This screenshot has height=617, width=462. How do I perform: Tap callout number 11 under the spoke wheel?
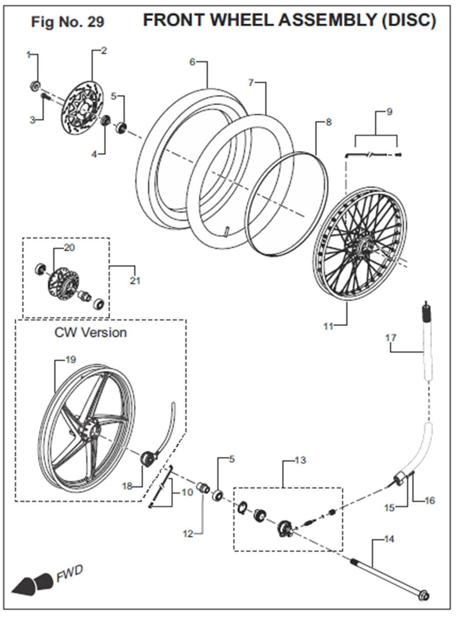point(328,326)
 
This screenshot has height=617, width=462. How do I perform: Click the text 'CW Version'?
point(90,332)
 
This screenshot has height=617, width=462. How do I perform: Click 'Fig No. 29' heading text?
point(68,22)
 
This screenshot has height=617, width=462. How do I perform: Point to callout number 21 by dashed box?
point(135,280)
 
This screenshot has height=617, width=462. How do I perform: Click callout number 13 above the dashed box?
point(300,460)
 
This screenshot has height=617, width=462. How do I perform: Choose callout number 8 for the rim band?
point(328,122)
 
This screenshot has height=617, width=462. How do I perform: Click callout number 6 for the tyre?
point(192,61)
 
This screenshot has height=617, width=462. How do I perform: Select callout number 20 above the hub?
point(69,248)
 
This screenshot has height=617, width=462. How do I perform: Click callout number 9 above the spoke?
point(389,112)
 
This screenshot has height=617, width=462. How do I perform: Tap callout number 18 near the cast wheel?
point(127,486)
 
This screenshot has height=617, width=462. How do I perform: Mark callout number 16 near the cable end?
point(430,500)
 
